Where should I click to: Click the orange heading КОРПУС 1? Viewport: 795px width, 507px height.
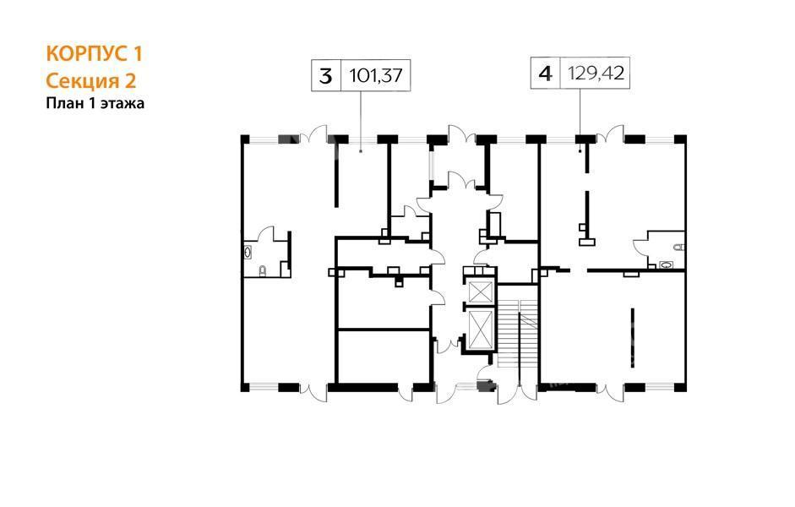95,54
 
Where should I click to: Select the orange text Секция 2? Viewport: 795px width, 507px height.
91,80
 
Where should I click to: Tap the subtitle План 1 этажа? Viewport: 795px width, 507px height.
95,103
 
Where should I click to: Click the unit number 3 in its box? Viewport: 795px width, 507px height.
325,76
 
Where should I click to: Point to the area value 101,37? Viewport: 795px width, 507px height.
376,76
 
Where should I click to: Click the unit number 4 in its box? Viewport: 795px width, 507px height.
545,74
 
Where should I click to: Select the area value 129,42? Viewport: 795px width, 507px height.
596,74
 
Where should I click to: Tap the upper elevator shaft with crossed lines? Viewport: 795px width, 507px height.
479,292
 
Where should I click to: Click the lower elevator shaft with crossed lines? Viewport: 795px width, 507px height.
480,330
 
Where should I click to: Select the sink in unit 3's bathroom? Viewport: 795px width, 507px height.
248,252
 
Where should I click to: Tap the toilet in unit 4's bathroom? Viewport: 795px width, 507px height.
679,248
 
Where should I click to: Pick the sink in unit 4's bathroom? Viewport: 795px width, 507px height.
667,264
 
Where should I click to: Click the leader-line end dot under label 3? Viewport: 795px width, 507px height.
361,150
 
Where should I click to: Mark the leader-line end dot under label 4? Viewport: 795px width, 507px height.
580,150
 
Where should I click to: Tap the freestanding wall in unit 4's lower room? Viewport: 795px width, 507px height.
632,337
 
